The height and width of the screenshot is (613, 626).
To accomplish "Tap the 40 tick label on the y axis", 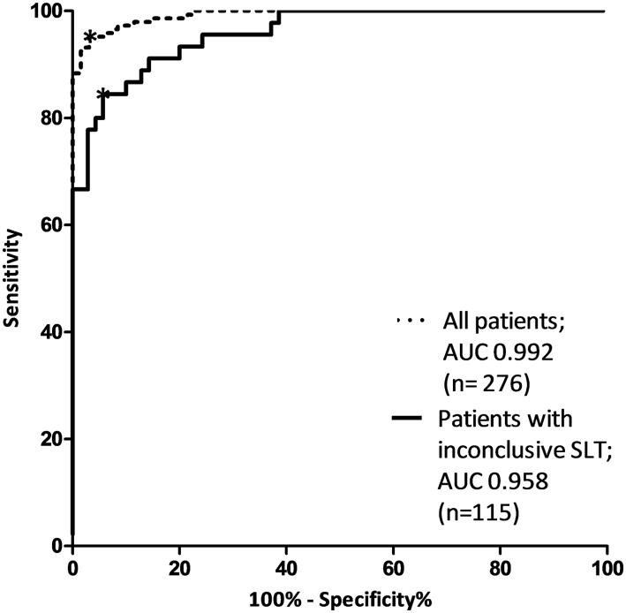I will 51,331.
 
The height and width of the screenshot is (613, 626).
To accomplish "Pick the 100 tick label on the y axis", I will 46,11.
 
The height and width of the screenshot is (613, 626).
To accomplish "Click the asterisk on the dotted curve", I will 89,37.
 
